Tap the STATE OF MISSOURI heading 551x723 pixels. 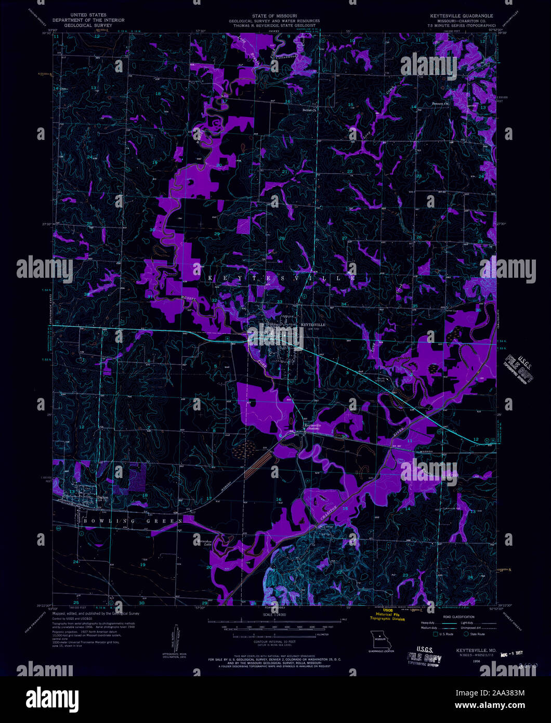(x=275, y=16)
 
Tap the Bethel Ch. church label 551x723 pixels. (x=309, y=110)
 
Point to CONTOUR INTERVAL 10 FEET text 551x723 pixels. (x=275, y=643)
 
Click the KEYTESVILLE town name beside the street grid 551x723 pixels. (x=313, y=325)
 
